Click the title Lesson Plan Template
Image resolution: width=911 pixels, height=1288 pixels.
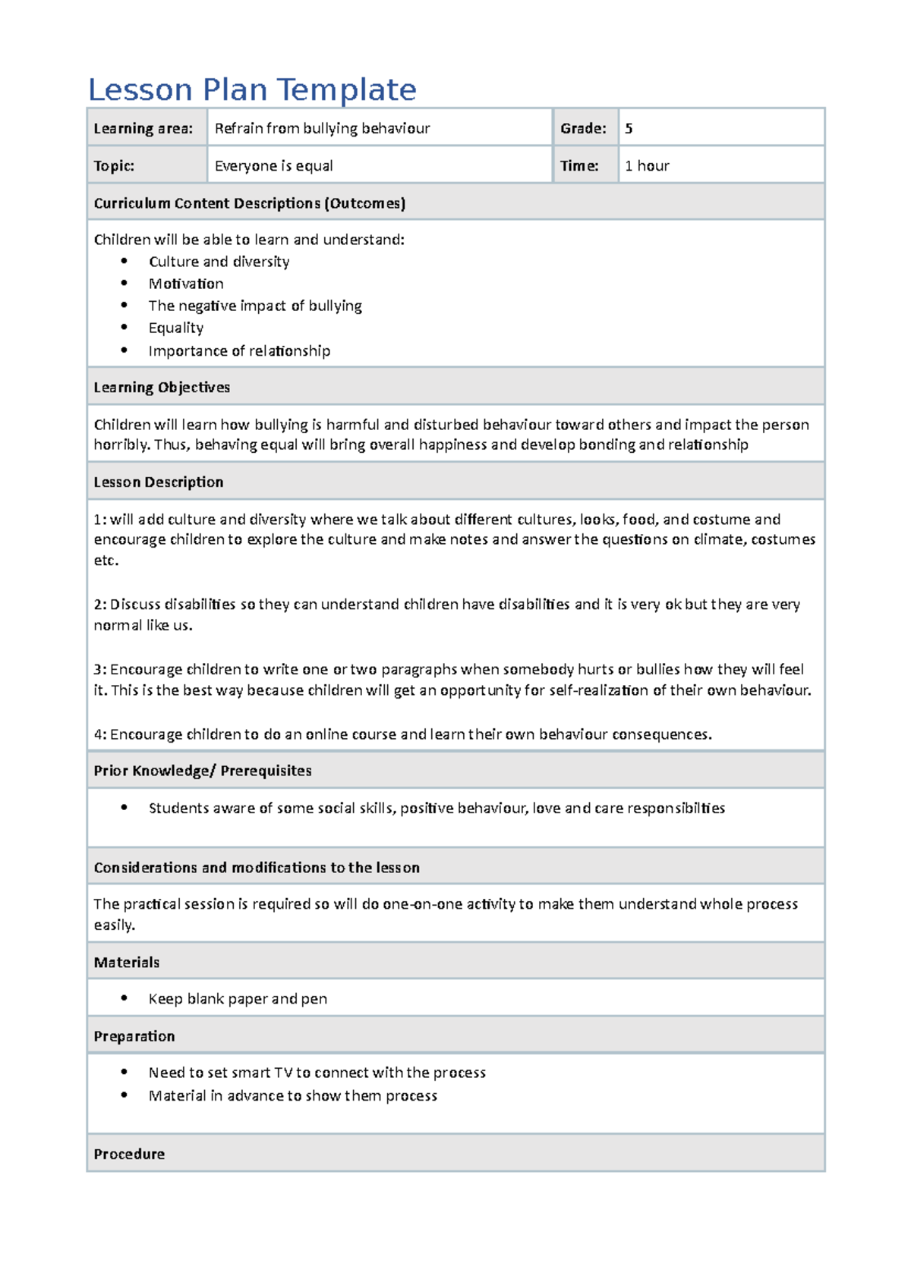click(x=252, y=90)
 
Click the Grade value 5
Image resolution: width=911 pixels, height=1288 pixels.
click(x=629, y=128)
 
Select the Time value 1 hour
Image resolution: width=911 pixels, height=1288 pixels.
click(x=647, y=165)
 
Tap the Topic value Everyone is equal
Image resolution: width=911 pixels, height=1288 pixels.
click(x=273, y=165)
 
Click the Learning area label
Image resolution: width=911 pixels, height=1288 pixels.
click(x=143, y=128)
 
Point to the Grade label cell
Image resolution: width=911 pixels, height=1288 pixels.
click(x=583, y=128)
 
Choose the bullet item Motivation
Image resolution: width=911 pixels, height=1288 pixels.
click(x=186, y=284)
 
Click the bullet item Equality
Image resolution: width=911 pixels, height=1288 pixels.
click(x=176, y=328)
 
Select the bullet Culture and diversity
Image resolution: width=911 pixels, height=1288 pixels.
click(x=219, y=262)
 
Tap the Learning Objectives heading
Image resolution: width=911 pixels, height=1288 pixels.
click(x=162, y=388)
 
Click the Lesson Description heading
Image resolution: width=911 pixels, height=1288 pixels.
click(x=158, y=482)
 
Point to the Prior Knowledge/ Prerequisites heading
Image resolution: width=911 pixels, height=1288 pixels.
click(x=203, y=771)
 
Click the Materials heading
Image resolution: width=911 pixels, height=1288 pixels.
click(x=126, y=963)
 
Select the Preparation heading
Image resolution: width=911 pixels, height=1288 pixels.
click(x=134, y=1036)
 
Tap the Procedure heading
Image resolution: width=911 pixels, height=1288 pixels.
click(x=129, y=1154)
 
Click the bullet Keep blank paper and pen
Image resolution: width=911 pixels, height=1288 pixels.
click(x=238, y=999)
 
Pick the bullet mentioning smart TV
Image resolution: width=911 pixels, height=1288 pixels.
click(x=317, y=1073)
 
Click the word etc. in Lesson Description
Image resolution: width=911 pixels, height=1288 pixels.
click(x=106, y=561)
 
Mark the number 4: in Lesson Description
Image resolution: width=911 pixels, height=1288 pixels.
click(x=100, y=734)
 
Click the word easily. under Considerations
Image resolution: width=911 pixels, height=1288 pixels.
click(x=114, y=925)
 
